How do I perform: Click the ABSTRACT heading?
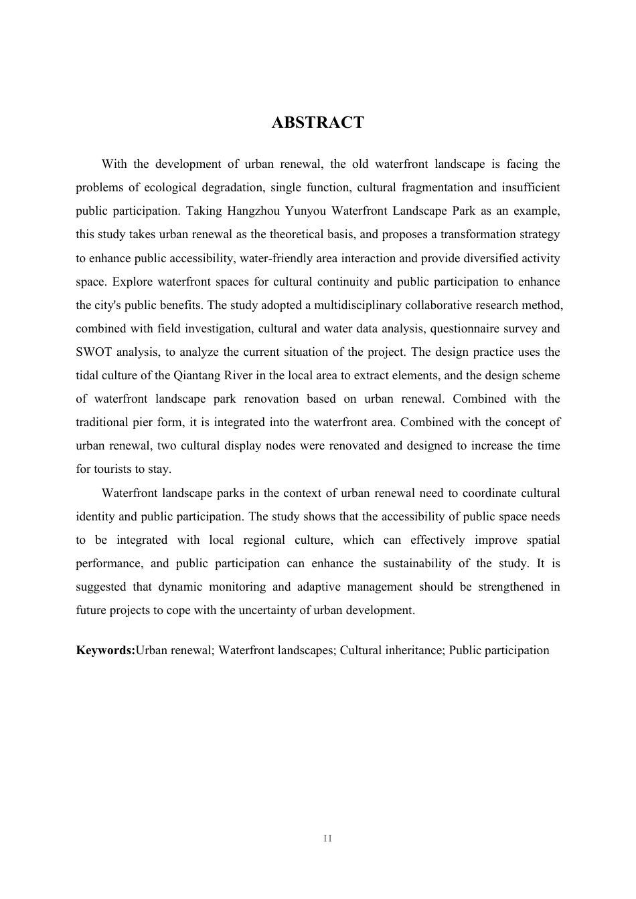pyautogui.click(x=317, y=122)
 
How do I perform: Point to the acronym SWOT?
pyautogui.click(x=93, y=353)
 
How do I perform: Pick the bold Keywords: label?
pyautogui.click(x=105, y=651)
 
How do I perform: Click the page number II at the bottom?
pyautogui.click(x=327, y=839)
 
